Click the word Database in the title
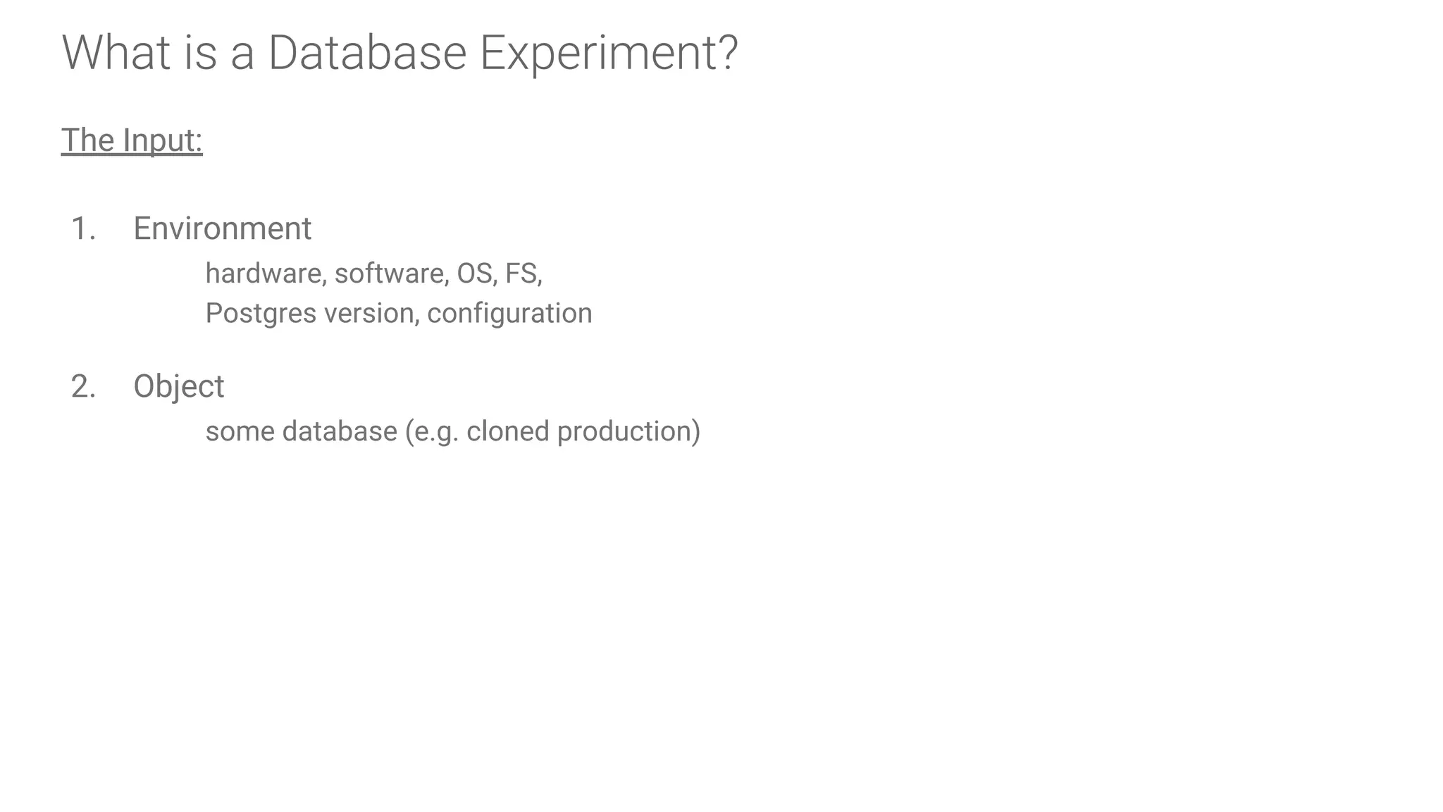coord(367,53)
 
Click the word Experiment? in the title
coord(609,53)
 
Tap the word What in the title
coord(116,53)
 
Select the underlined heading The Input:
coord(132,140)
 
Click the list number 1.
coord(83,229)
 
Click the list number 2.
coord(83,387)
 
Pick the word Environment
coord(222,229)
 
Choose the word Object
coord(178,387)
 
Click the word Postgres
coord(261,314)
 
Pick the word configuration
coord(509,314)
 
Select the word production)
coord(628,431)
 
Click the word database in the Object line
coord(340,431)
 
